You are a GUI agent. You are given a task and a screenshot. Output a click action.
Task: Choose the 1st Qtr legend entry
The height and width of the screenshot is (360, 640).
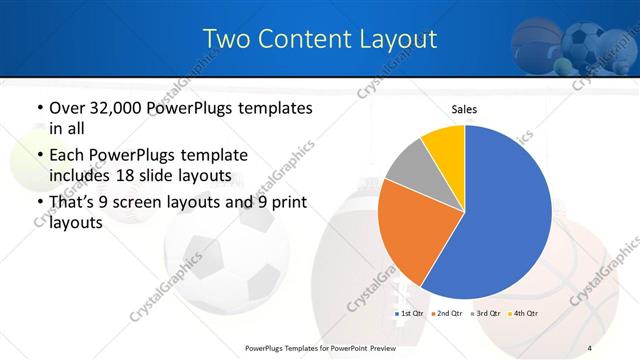click(410, 313)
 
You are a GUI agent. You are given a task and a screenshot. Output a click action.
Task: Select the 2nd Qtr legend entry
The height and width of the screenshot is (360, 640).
click(448, 313)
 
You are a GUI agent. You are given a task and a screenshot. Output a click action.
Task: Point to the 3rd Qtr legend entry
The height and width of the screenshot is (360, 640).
click(486, 313)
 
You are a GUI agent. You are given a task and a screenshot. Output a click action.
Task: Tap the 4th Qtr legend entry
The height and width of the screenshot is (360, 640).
click(524, 313)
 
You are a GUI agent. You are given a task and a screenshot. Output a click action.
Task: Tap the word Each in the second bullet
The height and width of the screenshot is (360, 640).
click(67, 156)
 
